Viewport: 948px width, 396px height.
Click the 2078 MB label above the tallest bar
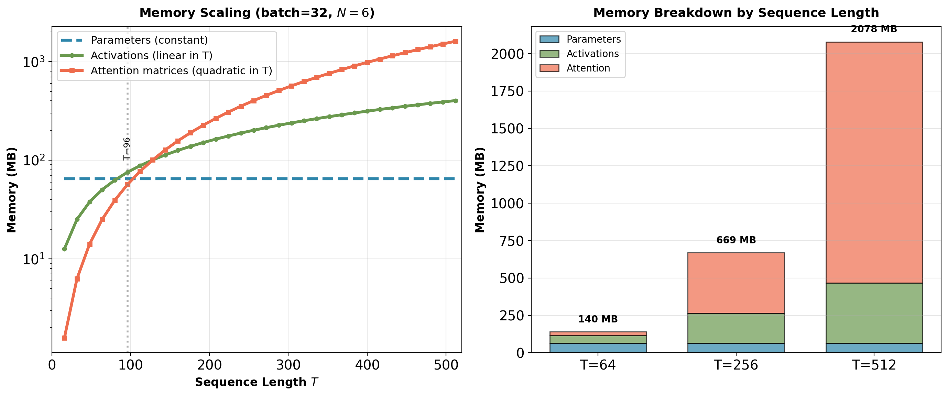(x=874, y=29)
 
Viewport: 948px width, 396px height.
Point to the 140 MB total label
(x=598, y=319)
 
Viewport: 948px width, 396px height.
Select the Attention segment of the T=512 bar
(x=874, y=162)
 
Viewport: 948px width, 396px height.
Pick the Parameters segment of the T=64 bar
(x=598, y=348)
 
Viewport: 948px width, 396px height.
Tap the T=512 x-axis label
(x=874, y=365)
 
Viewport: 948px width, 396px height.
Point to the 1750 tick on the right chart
(x=507, y=91)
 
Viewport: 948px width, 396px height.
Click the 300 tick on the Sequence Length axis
(x=288, y=365)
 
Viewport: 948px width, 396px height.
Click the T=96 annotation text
(x=127, y=149)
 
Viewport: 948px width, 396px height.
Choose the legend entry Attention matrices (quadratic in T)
(x=181, y=71)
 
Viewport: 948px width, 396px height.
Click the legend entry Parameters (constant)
(x=149, y=40)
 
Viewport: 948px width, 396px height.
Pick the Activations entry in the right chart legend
(x=592, y=54)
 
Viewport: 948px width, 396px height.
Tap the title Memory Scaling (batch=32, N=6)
(x=257, y=13)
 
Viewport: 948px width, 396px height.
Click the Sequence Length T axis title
(x=257, y=382)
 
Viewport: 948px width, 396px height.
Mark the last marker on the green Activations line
(x=456, y=101)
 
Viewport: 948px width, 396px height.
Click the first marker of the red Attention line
(x=64, y=338)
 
